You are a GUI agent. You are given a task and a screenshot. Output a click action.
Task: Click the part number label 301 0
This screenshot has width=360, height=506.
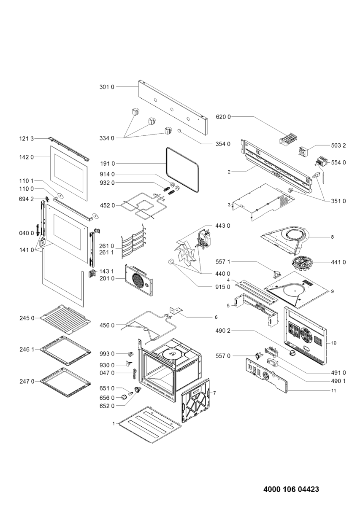(106, 87)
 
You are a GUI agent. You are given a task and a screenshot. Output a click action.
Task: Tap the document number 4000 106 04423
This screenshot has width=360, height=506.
(291, 490)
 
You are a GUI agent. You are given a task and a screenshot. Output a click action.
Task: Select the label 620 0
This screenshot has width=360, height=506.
(223, 116)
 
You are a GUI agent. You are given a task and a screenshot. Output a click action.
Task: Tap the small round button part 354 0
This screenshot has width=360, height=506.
(179, 132)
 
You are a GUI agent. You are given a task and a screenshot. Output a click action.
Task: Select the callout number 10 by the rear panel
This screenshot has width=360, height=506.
(333, 343)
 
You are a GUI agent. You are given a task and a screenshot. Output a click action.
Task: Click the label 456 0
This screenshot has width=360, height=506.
(107, 325)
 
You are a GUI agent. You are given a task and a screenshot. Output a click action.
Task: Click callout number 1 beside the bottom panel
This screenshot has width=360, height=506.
(113, 423)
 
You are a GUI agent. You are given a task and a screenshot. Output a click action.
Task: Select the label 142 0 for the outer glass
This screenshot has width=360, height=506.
(27, 157)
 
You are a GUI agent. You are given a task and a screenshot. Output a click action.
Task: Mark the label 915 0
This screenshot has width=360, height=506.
(223, 287)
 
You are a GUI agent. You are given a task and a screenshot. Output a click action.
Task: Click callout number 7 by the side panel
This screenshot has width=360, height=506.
(214, 393)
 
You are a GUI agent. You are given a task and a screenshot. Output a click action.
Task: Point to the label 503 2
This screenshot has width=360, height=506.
(338, 145)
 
